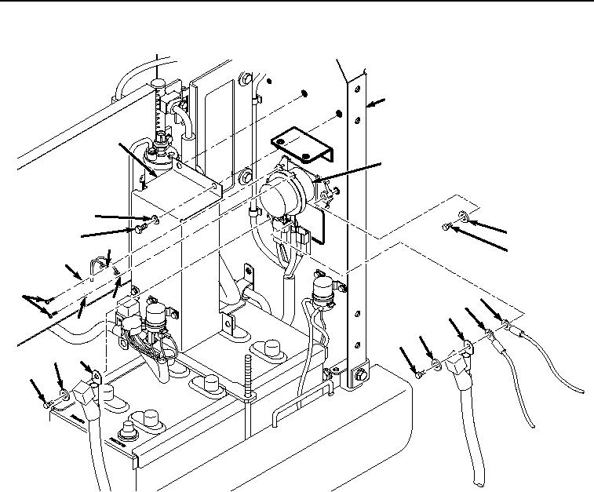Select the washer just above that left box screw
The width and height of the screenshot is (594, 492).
click(155, 219)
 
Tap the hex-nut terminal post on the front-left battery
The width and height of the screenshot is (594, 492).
click(126, 431)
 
